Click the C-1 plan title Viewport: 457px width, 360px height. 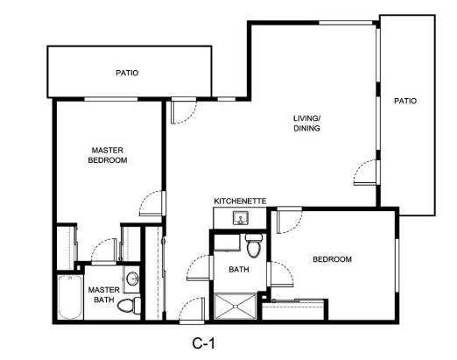(204, 343)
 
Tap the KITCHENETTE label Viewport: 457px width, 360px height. (240, 201)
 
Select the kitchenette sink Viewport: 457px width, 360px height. (241, 218)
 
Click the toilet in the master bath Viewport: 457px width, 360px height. (130, 306)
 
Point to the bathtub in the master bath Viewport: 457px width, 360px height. (70, 297)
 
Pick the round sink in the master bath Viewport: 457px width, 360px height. (133, 279)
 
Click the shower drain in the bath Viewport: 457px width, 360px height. (236, 307)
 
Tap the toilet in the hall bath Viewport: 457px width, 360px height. (254, 245)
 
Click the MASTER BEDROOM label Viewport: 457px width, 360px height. (108, 155)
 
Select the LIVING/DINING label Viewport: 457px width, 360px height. (306, 124)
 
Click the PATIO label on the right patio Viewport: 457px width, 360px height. (405, 101)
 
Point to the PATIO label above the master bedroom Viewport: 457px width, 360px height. (127, 73)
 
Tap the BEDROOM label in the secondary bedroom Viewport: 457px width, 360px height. (332, 259)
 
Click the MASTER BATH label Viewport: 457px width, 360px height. (104, 294)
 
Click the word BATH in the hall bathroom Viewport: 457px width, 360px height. (239, 269)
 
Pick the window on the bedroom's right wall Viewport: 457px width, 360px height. (397, 265)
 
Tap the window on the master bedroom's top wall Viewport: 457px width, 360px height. (111, 99)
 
